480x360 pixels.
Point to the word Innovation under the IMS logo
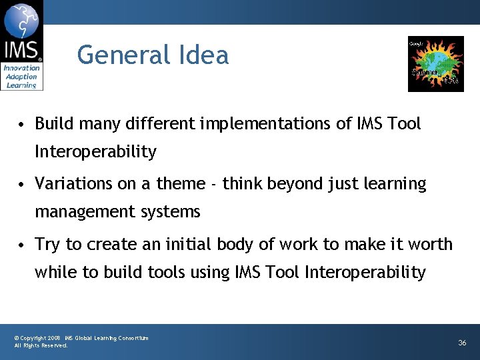coord(21,68)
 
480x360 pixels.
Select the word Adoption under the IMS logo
coord(21,77)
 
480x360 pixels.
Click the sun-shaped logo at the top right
coord(435,63)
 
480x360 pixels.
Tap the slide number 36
coord(462,343)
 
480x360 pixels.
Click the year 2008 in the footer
coord(54,339)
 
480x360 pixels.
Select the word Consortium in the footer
coord(133,339)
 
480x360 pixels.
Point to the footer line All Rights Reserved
coord(41,346)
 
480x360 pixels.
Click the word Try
coord(47,245)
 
